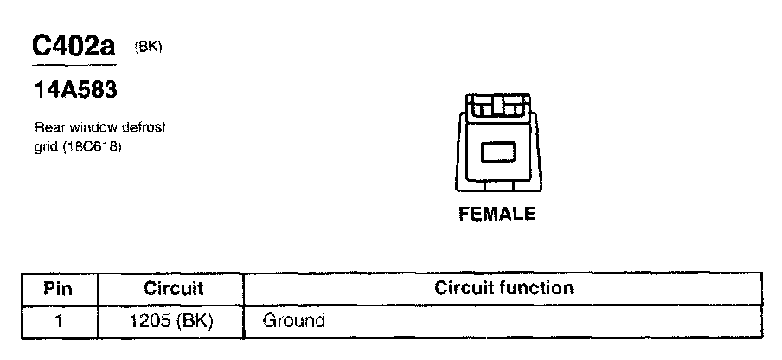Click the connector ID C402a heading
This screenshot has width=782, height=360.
coord(74,48)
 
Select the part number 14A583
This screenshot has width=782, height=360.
coord(74,90)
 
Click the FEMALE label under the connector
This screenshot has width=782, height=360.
coord(497,214)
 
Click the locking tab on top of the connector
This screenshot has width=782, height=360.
coord(497,107)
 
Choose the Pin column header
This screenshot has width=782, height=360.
coord(58,287)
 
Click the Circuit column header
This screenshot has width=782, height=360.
coord(172,287)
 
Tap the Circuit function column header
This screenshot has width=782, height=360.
coord(503,287)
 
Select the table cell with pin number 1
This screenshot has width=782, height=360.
coord(58,321)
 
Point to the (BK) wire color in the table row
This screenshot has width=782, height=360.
coord(194,321)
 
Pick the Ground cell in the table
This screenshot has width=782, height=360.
coord(293,321)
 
